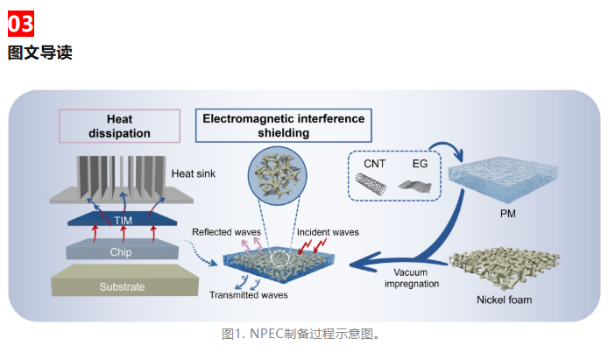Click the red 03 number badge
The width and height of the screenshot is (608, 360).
(x=21, y=24)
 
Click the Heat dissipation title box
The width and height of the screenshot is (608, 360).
(x=119, y=126)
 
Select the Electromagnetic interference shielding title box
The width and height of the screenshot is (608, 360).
(x=284, y=125)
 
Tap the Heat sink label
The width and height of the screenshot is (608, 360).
(x=193, y=173)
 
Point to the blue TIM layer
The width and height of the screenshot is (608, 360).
(x=123, y=219)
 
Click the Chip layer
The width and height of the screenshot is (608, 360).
(x=122, y=250)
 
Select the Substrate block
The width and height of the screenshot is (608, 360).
(x=124, y=280)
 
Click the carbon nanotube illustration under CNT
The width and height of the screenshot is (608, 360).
(x=371, y=184)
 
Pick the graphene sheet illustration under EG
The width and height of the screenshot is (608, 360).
(x=415, y=186)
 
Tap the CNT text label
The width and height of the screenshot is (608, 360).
(x=375, y=164)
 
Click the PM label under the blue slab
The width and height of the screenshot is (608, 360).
(x=507, y=214)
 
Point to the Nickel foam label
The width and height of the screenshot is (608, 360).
(x=504, y=300)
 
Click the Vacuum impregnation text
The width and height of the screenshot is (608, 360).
(x=412, y=278)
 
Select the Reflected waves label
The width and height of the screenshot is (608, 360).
(x=226, y=232)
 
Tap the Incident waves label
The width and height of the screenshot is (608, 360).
(x=328, y=232)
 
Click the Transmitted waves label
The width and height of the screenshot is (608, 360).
(x=249, y=295)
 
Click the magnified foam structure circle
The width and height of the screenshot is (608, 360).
(x=277, y=176)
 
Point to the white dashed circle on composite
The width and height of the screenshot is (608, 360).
(x=279, y=259)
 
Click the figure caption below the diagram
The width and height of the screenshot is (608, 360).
(x=300, y=334)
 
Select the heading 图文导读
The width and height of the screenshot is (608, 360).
(x=40, y=53)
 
